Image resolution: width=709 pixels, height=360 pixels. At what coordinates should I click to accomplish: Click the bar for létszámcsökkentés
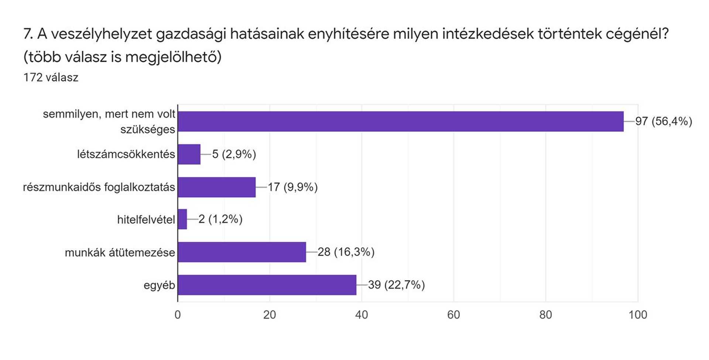coord(189,154)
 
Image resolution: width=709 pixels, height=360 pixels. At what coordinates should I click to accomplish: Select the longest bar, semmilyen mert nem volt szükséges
coord(401,121)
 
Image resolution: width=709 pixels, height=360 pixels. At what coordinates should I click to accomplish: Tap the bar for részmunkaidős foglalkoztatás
coord(217,187)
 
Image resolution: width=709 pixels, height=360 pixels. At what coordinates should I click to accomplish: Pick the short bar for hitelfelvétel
coord(182,219)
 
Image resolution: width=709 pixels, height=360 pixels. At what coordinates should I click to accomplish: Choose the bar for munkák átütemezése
coord(242,252)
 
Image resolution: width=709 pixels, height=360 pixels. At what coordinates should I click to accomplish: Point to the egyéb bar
coord(267,285)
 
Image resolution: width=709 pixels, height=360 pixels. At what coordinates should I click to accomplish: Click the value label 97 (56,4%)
coord(664,121)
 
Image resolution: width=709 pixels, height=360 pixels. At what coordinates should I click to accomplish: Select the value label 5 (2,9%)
coord(234,154)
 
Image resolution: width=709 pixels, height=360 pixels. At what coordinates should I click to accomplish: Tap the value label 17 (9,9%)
coord(293,187)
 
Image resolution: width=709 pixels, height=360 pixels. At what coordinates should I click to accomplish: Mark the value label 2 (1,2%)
coord(220,219)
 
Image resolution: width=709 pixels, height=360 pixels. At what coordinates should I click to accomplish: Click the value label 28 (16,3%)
coord(346,252)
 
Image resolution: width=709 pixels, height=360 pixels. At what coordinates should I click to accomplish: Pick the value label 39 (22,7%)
coord(397,285)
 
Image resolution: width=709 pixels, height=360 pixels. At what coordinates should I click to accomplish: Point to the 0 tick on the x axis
coord(178,315)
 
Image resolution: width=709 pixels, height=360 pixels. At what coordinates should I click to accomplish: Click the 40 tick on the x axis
coord(362,315)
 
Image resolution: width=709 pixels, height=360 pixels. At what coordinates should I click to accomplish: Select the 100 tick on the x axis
coord(638,315)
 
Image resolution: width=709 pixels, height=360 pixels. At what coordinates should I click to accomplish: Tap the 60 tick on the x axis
coord(453,315)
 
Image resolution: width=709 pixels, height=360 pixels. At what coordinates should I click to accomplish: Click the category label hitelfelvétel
coord(146,220)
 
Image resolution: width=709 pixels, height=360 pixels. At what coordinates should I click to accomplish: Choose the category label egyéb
coord(159,285)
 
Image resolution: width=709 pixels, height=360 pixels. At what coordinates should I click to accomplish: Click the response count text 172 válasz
coord(51,78)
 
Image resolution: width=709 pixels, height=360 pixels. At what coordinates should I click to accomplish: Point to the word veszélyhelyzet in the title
coord(101,34)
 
